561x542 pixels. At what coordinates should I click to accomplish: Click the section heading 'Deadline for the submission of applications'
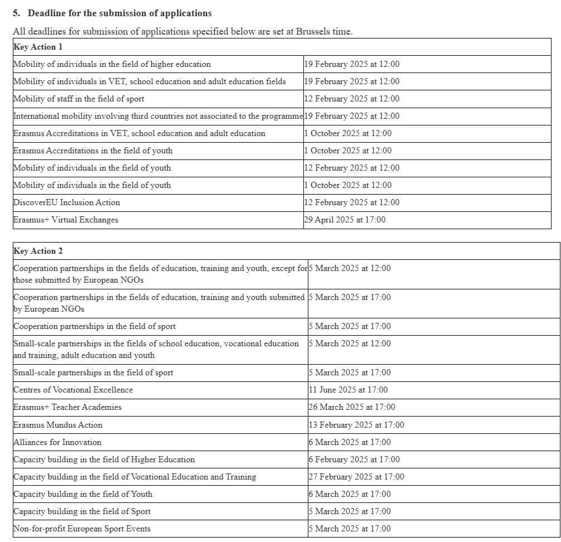point(119,13)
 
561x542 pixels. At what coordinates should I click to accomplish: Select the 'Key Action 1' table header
point(38,47)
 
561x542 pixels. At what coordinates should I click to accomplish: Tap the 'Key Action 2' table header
point(38,251)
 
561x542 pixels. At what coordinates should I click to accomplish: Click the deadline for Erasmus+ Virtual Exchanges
point(345,220)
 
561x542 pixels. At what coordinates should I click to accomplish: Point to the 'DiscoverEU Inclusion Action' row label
point(66,202)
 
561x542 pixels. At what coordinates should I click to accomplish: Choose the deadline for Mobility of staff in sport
point(352,99)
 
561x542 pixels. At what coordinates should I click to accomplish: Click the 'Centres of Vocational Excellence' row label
point(73,390)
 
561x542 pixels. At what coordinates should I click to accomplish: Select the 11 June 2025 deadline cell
point(348,390)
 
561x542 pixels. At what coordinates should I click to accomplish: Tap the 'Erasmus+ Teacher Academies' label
point(67,407)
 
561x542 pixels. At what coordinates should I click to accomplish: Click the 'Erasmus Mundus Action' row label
point(58,425)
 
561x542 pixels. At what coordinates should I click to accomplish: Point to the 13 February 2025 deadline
point(356,425)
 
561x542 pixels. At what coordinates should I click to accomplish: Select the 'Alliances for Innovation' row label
point(57,442)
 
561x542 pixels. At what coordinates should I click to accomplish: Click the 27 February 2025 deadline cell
point(356,477)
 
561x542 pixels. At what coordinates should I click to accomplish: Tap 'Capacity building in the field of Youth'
point(83,494)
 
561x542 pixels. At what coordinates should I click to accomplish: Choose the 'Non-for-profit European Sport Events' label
point(82,529)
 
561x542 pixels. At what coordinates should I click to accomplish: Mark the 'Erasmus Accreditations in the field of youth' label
point(93,151)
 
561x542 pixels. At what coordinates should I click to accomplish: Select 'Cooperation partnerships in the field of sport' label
point(94,326)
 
